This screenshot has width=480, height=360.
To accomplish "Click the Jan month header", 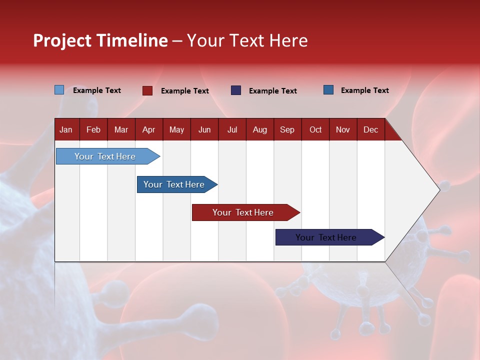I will pos(66,129).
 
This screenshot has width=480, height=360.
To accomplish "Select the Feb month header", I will pos(93,129).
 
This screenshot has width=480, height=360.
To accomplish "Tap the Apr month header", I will pos(149,129).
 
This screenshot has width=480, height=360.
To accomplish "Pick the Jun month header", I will pos(204,129).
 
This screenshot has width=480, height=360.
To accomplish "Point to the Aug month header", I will pos(260,129).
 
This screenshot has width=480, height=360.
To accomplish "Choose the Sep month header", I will pos(287,129).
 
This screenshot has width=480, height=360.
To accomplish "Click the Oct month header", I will pos(315,129).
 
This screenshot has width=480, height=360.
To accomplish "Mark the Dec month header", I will pos(371,129).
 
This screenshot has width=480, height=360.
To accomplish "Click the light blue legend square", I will pos(59,90).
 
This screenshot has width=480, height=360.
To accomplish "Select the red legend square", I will pos(147,90).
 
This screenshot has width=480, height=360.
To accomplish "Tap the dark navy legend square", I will pos(236,90).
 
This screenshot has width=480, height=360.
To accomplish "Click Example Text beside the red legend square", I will pos(185,91).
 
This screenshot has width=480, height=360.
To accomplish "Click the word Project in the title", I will pos(62,40).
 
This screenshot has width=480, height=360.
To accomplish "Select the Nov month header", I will pos(343,129).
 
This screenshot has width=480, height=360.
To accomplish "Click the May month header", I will pos(176,129).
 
